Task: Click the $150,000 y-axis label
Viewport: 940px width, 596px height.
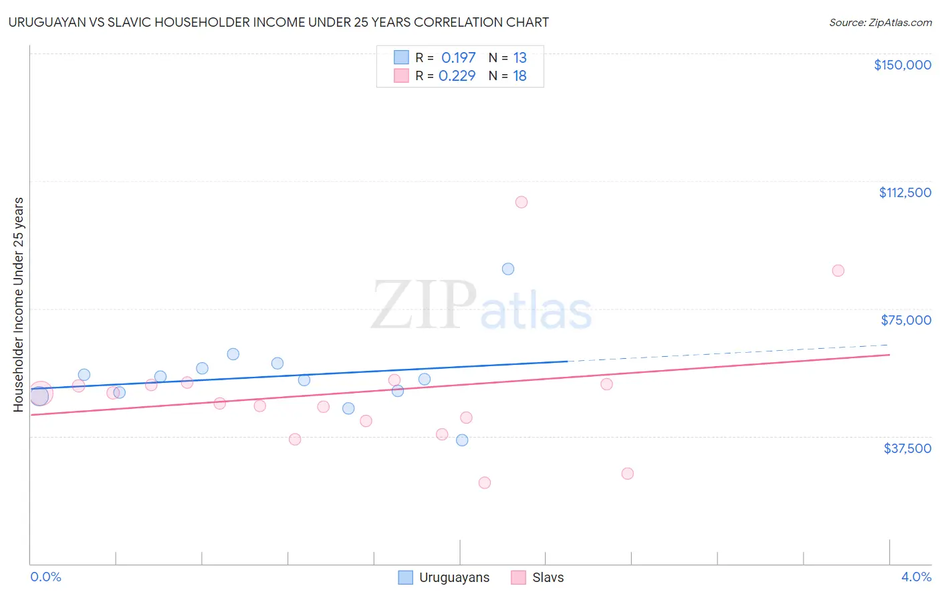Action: (x=902, y=65)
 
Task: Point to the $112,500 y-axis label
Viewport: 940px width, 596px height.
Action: (x=905, y=192)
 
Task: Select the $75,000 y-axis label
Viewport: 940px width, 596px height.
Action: (x=905, y=320)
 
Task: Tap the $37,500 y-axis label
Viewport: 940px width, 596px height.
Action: (x=907, y=448)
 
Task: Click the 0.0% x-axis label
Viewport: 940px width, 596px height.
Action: (x=45, y=577)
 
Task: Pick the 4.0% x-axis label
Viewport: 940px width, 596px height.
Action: (x=916, y=577)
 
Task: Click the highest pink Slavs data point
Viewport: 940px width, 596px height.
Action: (x=521, y=202)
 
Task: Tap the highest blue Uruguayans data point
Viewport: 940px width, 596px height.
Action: (x=508, y=269)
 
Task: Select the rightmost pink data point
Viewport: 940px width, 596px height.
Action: (x=838, y=271)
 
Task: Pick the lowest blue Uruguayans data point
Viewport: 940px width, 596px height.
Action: (x=462, y=440)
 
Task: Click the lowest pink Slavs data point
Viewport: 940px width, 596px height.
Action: (x=485, y=482)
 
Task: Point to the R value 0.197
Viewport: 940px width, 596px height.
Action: (x=458, y=58)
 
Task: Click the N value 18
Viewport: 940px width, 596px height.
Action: (x=519, y=76)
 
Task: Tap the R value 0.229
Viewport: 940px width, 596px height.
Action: (x=457, y=76)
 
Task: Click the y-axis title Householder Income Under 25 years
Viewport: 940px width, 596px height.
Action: (x=18, y=304)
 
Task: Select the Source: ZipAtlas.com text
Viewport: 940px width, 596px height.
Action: (x=880, y=23)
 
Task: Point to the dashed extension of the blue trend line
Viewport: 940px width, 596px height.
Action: (x=729, y=353)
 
